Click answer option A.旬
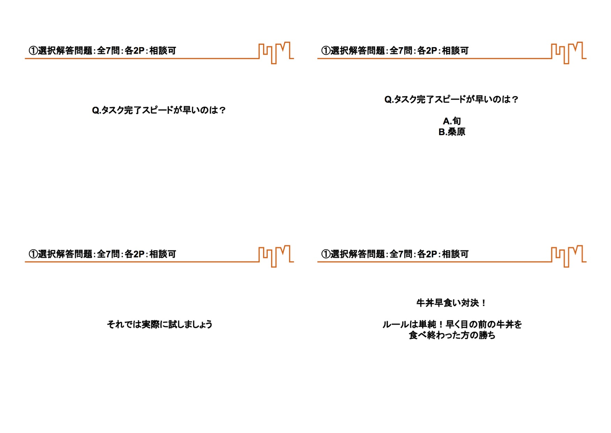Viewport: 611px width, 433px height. [452, 121]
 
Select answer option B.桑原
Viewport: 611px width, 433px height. [452, 132]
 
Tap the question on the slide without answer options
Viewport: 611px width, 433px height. [159, 110]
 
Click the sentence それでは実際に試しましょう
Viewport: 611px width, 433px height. [160, 324]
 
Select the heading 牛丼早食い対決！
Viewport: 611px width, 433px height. [452, 303]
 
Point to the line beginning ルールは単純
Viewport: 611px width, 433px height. [452, 324]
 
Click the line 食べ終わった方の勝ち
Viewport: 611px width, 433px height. [452, 335]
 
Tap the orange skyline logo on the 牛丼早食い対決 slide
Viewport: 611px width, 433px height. [569, 256]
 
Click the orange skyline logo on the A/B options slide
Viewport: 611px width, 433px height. [569, 53]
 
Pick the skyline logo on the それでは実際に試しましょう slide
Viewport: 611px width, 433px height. [276, 256]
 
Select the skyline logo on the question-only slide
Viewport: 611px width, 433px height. [276, 53]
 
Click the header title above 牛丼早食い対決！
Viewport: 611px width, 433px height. [395, 254]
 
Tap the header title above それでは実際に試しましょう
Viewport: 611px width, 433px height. [102, 254]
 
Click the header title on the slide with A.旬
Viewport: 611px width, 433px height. [395, 51]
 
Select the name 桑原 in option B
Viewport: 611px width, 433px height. [457, 132]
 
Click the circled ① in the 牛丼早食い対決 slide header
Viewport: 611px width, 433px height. [325, 255]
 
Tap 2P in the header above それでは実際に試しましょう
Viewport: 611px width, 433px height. [139, 255]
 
